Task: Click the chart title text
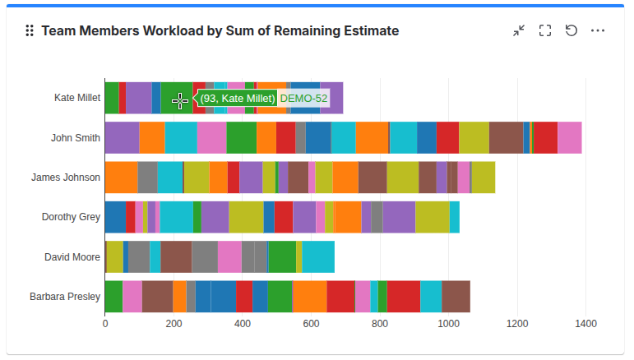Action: pos(220,31)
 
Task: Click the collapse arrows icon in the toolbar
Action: pos(519,30)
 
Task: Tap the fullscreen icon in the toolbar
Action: pos(544,30)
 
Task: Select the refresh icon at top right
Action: pos(571,30)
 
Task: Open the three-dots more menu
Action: pos(598,30)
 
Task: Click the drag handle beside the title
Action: pos(30,31)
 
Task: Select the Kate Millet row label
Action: pos(76,98)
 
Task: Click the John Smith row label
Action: pos(76,137)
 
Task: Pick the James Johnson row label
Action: pos(66,177)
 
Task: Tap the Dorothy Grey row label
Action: pos(71,217)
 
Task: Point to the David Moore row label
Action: pos(72,257)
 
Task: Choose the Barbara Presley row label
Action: pos(65,297)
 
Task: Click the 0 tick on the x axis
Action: pos(105,325)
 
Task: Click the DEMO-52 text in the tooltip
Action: pos(303,99)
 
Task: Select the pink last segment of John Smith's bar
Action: pos(569,137)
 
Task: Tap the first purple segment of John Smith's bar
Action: pos(122,137)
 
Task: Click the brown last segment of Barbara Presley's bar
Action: pos(456,297)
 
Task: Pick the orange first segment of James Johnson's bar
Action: pos(121,177)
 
